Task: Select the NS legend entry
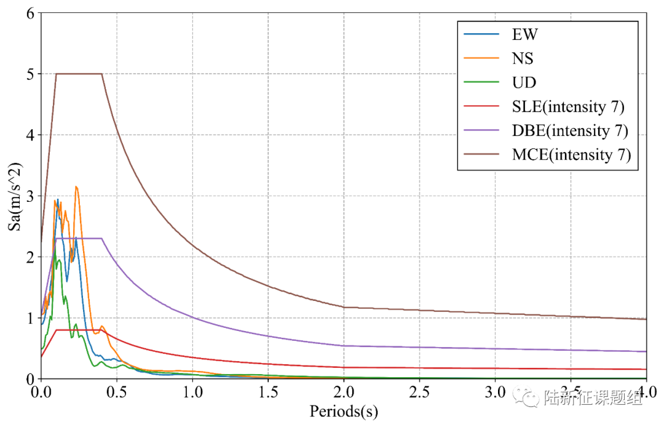coord(523,58)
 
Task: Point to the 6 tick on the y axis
coord(29,13)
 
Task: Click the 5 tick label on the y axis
coord(29,74)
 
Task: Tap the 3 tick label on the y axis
coord(29,196)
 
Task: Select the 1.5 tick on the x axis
coord(268,393)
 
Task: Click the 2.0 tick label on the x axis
coord(344,393)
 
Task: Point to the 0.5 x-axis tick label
coord(117,393)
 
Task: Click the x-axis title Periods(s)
coord(344,411)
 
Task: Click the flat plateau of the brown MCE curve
coord(79,74)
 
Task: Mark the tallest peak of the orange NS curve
coord(76,186)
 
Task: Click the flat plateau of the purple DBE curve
coord(79,238)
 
